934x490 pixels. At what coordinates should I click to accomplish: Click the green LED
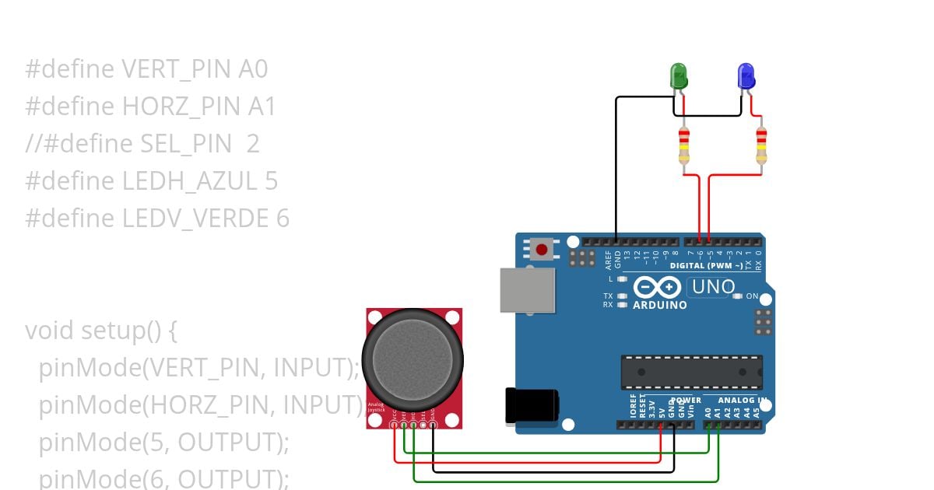pos(679,76)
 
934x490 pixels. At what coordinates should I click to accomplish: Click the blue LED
pos(746,76)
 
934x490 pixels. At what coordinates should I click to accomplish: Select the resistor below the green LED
pos(683,148)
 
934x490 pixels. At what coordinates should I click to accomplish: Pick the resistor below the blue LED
pos(761,148)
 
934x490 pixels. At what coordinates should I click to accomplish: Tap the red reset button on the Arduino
pos(542,250)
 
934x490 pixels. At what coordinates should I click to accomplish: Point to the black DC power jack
pos(531,405)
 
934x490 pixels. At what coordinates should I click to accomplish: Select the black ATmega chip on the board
pos(691,372)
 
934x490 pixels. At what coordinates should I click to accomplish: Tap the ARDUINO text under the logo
pos(660,305)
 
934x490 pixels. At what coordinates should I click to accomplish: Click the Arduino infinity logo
pos(658,288)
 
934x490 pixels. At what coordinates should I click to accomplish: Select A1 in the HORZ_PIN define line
pos(262,107)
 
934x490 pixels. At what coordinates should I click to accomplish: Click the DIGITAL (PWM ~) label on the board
pos(707,266)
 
